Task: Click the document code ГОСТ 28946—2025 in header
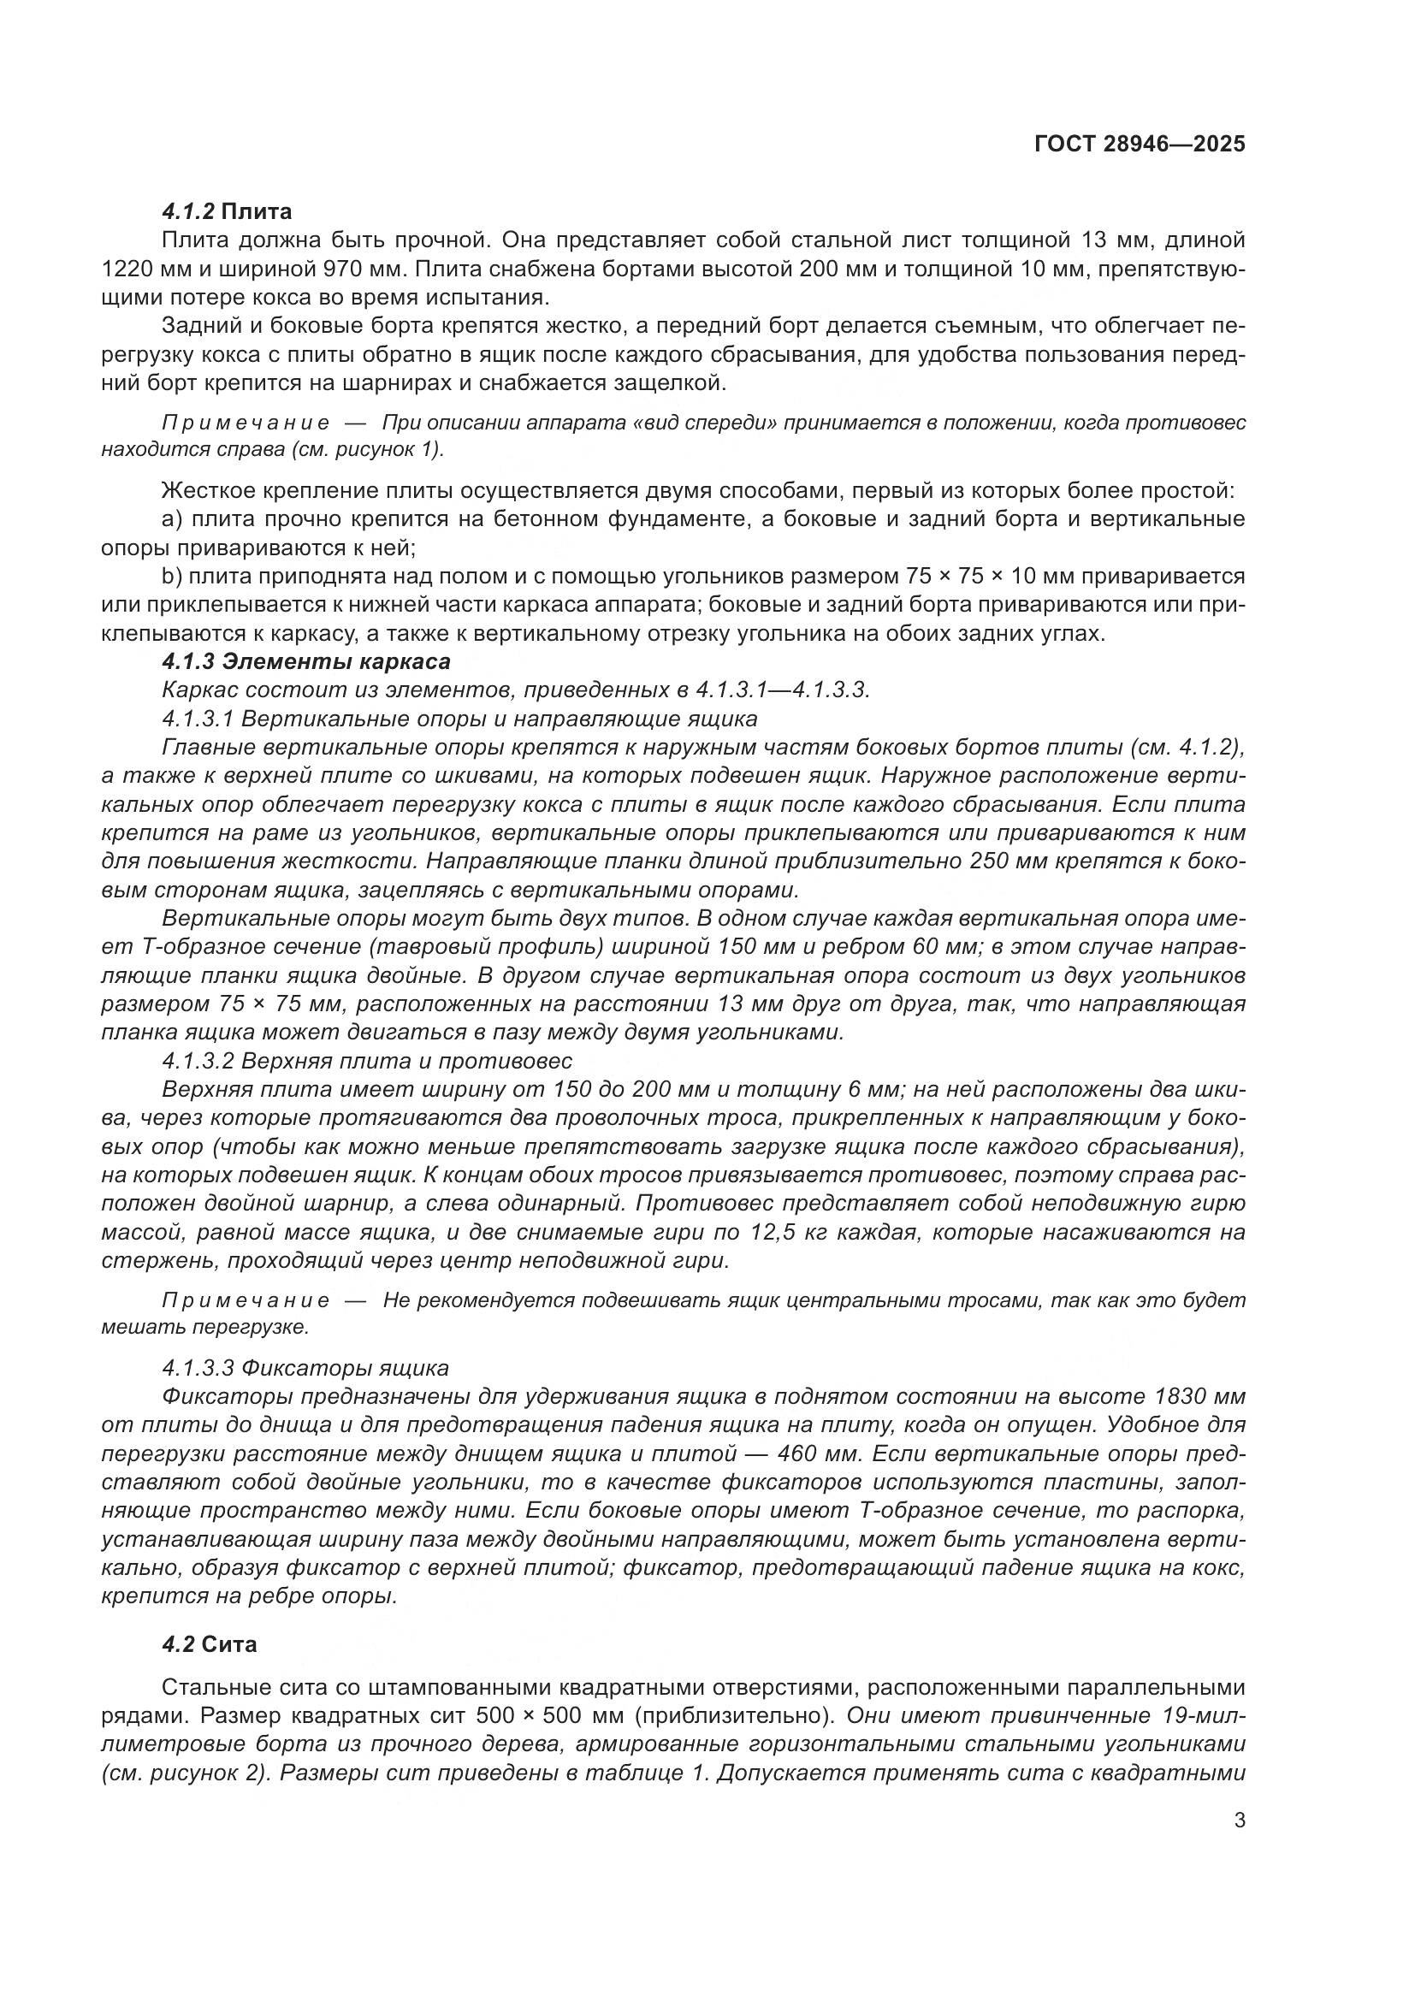coord(1139,145)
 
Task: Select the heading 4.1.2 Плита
coord(227,211)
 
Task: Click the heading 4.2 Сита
coord(209,1644)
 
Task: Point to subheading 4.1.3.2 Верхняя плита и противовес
coord(367,1062)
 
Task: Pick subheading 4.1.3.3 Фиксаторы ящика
coord(305,1367)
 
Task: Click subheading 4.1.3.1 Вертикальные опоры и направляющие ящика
coord(459,719)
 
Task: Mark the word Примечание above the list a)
coord(246,423)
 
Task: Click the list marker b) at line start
coord(171,576)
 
